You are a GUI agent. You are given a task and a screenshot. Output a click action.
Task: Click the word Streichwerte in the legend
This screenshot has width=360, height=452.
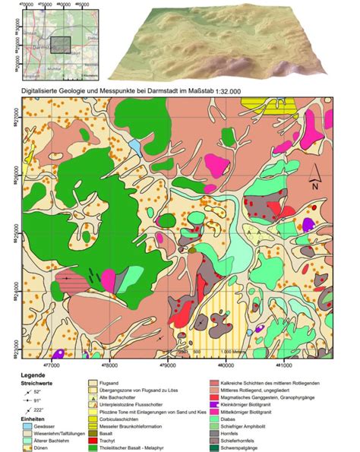(x=24, y=383)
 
